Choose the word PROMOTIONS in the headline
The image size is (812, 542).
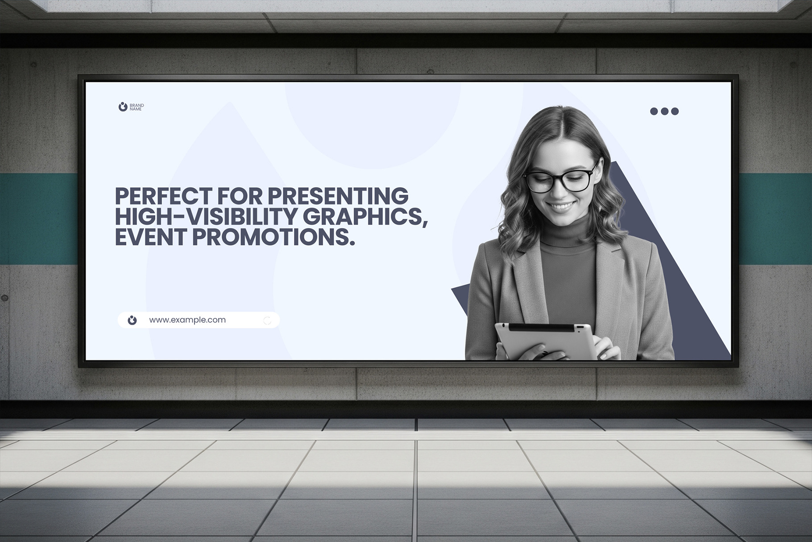(x=273, y=237)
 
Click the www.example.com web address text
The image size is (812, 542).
(x=187, y=320)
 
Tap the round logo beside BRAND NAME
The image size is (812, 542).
(x=123, y=107)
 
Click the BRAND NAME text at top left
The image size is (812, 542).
(x=137, y=107)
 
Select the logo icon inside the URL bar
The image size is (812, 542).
(x=132, y=320)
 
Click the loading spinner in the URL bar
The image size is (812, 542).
(x=267, y=321)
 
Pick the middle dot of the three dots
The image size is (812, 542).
(x=664, y=111)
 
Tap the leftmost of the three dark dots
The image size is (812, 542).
(x=654, y=111)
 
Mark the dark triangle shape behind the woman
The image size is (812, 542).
(x=669, y=268)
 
